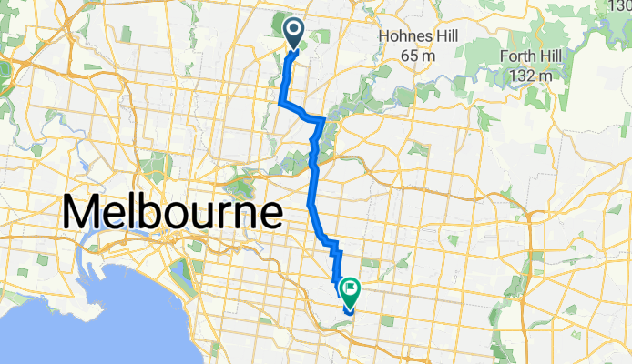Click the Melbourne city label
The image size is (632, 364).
[172, 214]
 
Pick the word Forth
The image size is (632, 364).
[523, 56]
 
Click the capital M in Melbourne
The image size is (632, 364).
[84, 214]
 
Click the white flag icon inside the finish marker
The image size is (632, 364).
[349, 288]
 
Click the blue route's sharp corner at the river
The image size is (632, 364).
[323, 120]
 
